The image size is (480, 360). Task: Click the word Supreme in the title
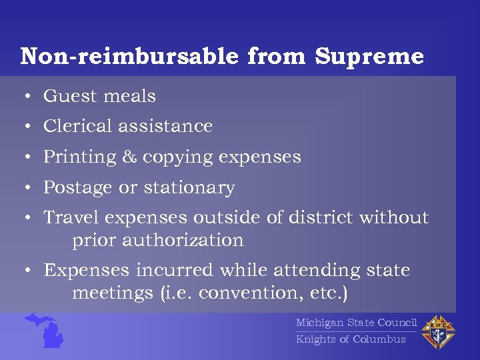click(x=369, y=57)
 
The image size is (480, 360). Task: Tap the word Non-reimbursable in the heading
click(x=129, y=57)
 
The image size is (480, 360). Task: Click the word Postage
click(x=78, y=189)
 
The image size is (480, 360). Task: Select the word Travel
click(x=72, y=218)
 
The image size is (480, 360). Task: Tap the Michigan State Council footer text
click(x=356, y=323)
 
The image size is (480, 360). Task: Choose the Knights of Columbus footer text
click(x=351, y=339)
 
